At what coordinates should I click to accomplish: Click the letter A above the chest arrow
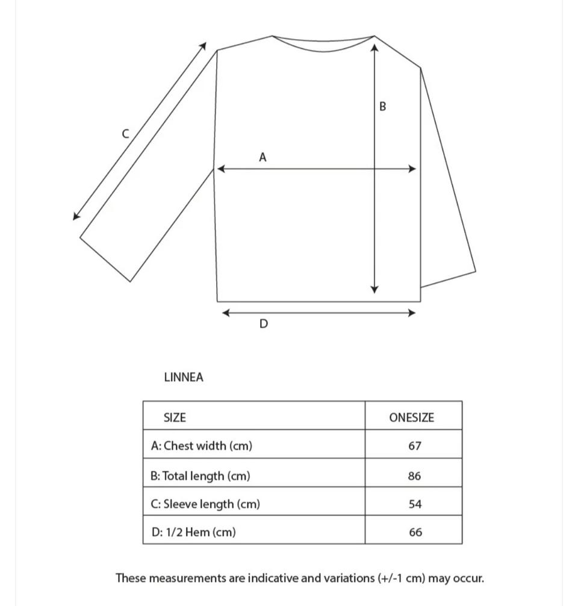pyautogui.click(x=263, y=157)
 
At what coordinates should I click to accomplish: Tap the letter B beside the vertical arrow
pyautogui.click(x=382, y=107)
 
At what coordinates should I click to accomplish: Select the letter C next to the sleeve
pyautogui.click(x=125, y=134)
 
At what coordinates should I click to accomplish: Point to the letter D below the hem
pyautogui.click(x=263, y=324)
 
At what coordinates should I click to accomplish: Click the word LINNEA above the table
pyautogui.click(x=184, y=378)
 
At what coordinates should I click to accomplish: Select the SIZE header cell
pyautogui.click(x=175, y=417)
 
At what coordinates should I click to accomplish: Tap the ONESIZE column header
pyautogui.click(x=411, y=417)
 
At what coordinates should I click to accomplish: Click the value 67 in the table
pyautogui.click(x=414, y=446)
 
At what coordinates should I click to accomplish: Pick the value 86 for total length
pyautogui.click(x=414, y=476)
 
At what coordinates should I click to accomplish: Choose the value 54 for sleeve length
pyautogui.click(x=415, y=504)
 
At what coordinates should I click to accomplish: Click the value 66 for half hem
pyautogui.click(x=415, y=533)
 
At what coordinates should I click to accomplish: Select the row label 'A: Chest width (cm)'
pyautogui.click(x=202, y=446)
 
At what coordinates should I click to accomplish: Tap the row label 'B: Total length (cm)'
pyautogui.click(x=200, y=476)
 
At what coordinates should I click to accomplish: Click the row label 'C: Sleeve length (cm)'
pyautogui.click(x=205, y=504)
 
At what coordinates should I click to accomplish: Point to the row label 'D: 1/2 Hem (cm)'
pyautogui.click(x=193, y=533)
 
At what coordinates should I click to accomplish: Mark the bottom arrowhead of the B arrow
pyautogui.click(x=374, y=290)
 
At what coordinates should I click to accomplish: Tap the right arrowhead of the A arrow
pyautogui.click(x=413, y=169)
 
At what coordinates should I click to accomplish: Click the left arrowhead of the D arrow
pyautogui.click(x=226, y=313)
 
